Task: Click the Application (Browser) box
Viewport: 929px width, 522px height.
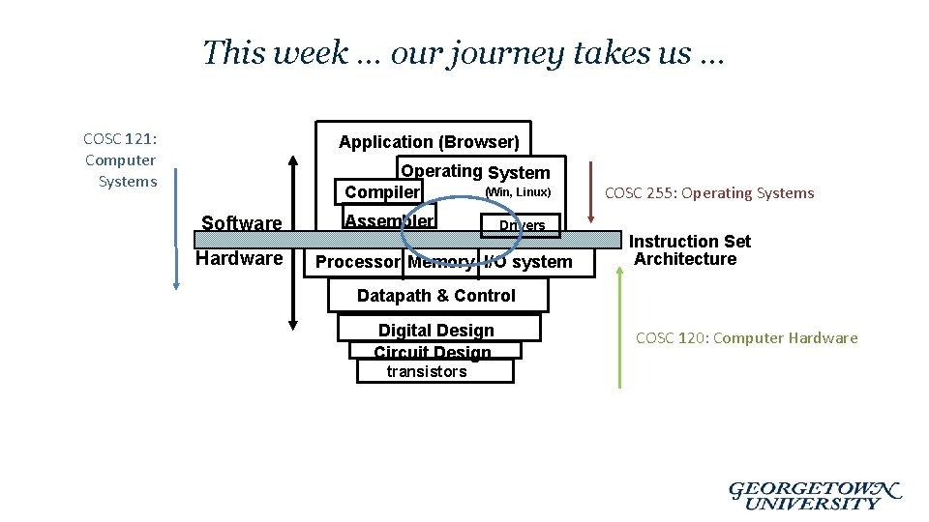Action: pos(429,142)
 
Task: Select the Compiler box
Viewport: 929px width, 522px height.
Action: pos(382,192)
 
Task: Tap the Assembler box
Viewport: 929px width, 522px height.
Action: pos(389,220)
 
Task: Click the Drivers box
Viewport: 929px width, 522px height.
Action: pos(522,225)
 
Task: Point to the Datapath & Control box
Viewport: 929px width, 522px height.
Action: pos(436,296)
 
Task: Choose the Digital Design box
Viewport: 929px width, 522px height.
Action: pos(436,331)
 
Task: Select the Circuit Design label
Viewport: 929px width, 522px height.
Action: pos(433,352)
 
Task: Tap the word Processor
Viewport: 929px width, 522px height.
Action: pos(357,262)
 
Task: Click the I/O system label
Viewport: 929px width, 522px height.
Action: pos(528,262)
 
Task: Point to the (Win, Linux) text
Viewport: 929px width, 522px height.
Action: pos(518,192)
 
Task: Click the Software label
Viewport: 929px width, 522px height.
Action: pos(241,223)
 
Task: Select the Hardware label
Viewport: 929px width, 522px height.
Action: pos(239,259)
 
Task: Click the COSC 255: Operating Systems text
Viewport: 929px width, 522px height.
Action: pos(709,193)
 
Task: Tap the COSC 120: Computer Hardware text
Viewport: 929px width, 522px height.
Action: pos(746,338)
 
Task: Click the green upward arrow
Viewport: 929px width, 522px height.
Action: pos(619,329)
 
